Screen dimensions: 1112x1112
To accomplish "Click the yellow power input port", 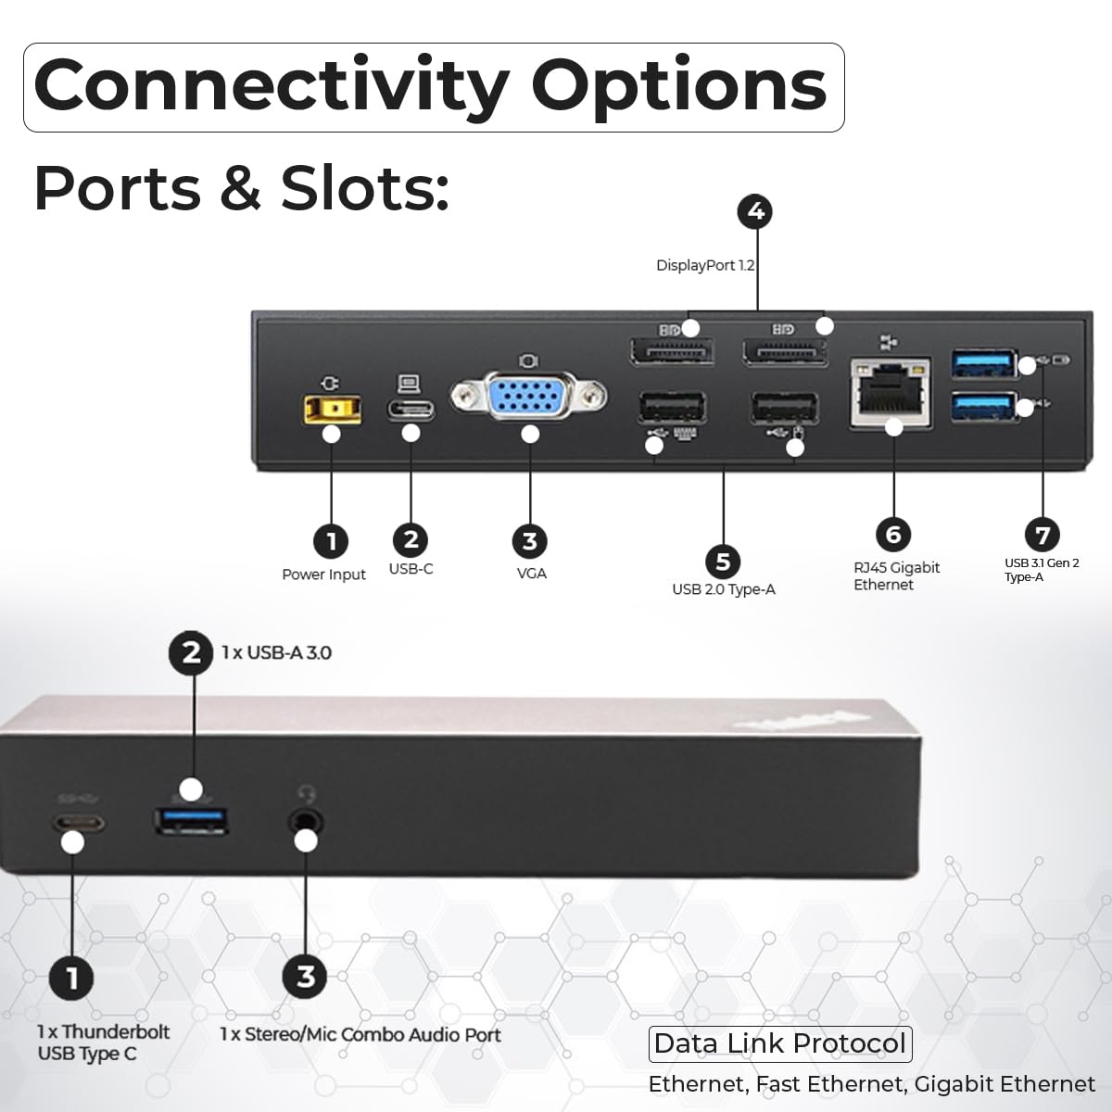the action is (332, 410).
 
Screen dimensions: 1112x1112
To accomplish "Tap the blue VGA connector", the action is (528, 397).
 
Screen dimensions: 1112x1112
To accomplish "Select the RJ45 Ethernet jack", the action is (891, 393).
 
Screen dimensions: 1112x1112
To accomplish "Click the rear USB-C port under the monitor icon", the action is (411, 410).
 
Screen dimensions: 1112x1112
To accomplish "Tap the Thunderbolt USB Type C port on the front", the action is (79, 822).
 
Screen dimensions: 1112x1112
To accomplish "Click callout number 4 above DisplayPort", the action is (755, 212).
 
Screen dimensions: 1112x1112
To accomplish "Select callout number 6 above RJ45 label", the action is (893, 535).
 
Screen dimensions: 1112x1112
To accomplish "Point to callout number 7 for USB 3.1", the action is (1042, 535).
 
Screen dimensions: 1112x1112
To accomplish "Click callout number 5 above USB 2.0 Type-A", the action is (723, 562).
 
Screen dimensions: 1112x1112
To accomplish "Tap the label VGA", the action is (532, 573).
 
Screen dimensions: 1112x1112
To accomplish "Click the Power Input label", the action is (323, 575).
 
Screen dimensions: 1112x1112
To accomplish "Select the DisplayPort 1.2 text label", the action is (705, 265).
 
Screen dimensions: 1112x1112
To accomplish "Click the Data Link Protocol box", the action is (780, 1044).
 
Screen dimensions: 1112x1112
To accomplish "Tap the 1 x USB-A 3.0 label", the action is (276, 652).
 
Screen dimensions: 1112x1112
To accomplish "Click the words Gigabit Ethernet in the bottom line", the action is (1005, 1084).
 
